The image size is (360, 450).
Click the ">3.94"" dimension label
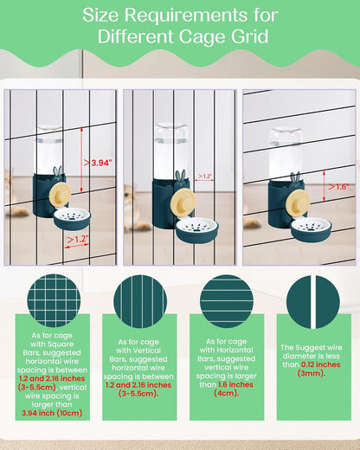(x=98, y=163)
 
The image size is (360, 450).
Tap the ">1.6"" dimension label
(x=338, y=187)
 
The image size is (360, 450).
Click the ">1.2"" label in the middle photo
(x=205, y=176)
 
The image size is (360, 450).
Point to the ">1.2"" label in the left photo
(x=78, y=239)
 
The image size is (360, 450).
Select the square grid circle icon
(x=54, y=300)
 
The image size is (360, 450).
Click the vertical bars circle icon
(x=140, y=302)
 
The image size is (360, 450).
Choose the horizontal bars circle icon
(x=227, y=301)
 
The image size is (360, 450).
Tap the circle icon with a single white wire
(x=313, y=302)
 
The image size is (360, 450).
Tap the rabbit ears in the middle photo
(x=181, y=175)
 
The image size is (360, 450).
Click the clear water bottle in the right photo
(x=286, y=153)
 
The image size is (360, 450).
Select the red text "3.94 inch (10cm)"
(x=52, y=413)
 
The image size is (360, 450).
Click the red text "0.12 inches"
(x=321, y=364)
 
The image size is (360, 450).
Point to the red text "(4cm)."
(x=227, y=393)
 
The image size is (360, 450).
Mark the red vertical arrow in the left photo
(x=81, y=160)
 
